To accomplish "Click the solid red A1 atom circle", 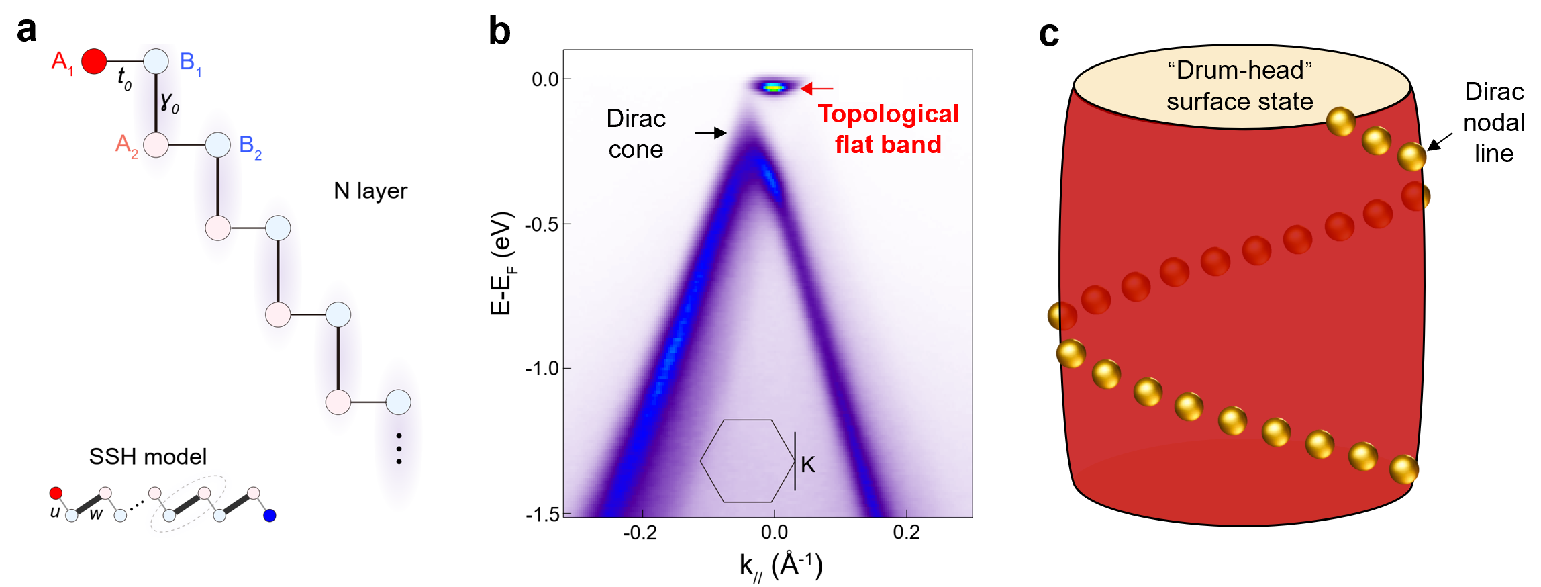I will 94,61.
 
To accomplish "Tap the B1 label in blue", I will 190,62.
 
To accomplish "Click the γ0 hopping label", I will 169,102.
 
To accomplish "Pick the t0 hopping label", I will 124,78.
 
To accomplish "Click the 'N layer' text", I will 370,191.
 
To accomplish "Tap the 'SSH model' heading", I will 148,457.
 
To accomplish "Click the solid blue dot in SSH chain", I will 270,516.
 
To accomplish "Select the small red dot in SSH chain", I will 56,494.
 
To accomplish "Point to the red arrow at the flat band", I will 817,88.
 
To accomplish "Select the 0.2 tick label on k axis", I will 906,533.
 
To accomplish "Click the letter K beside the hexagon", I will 807,465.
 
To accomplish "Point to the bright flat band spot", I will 775,87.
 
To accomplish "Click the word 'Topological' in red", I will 888,114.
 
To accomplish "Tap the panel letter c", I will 1048,34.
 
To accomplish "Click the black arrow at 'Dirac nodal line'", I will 1439,142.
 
